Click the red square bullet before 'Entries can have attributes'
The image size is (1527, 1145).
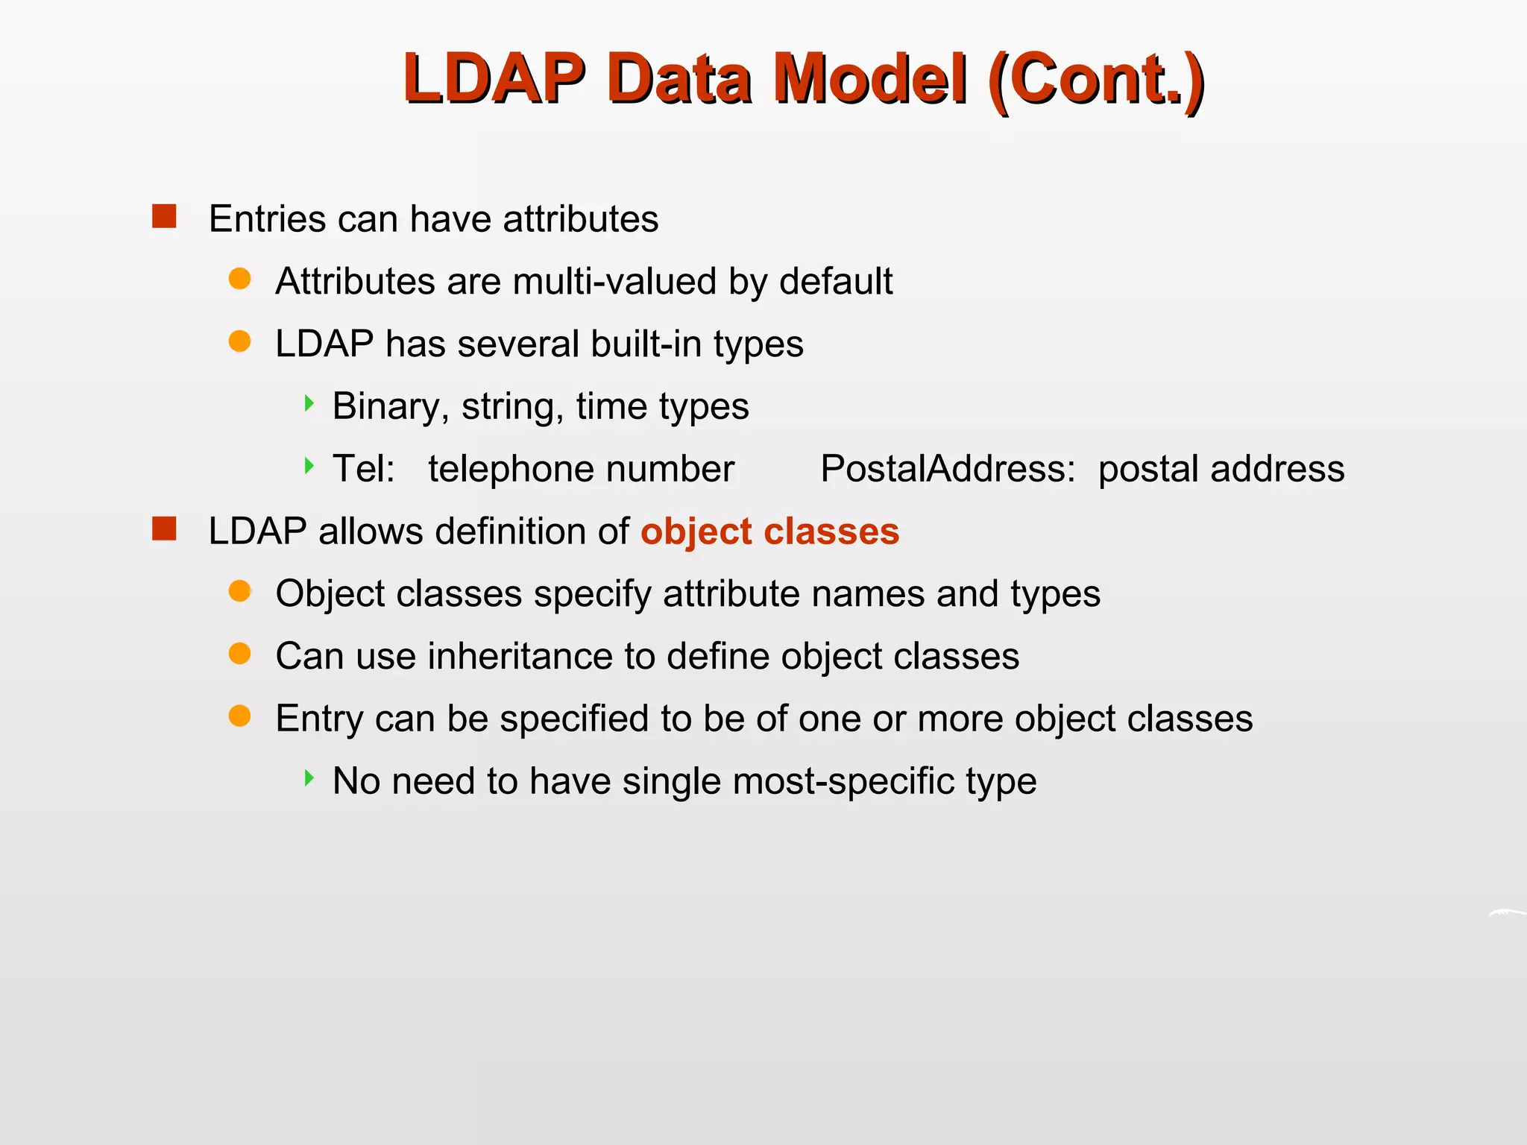coord(164,216)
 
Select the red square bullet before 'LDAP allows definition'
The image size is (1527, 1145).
coord(164,529)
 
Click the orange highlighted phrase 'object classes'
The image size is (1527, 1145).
coord(769,532)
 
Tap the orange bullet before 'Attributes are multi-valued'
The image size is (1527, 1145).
coord(239,279)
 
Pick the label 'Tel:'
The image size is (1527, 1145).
coord(363,469)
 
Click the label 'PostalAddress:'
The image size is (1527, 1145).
coord(948,469)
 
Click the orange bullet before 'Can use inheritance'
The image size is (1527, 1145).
coord(239,654)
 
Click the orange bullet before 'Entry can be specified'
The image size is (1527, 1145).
coord(239,716)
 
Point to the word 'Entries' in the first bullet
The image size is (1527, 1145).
coord(267,219)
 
